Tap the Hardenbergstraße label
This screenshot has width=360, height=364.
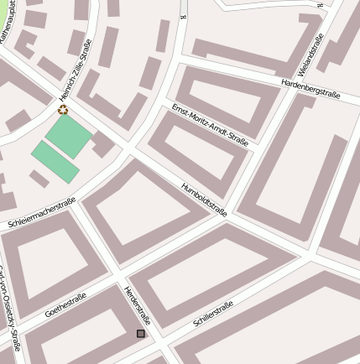click(310, 88)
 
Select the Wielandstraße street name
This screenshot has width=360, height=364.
click(310, 55)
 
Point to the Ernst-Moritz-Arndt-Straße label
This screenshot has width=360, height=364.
click(210, 125)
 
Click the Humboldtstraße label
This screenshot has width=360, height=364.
click(204, 199)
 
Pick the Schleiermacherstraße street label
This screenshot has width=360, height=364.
click(42, 213)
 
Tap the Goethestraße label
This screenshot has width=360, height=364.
click(65, 304)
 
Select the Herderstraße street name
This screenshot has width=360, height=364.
click(137, 305)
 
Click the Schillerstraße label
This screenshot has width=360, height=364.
click(212, 315)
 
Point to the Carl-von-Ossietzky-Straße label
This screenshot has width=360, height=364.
click(10, 310)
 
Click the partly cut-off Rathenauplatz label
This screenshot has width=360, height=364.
click(8, 20)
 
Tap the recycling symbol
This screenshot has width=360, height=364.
click(63, 109)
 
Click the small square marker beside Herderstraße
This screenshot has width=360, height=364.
click(141, 334)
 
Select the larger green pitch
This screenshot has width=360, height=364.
click(69, 136)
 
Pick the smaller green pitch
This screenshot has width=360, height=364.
click(55, 161)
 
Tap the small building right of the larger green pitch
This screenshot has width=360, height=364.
click(103, 144)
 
